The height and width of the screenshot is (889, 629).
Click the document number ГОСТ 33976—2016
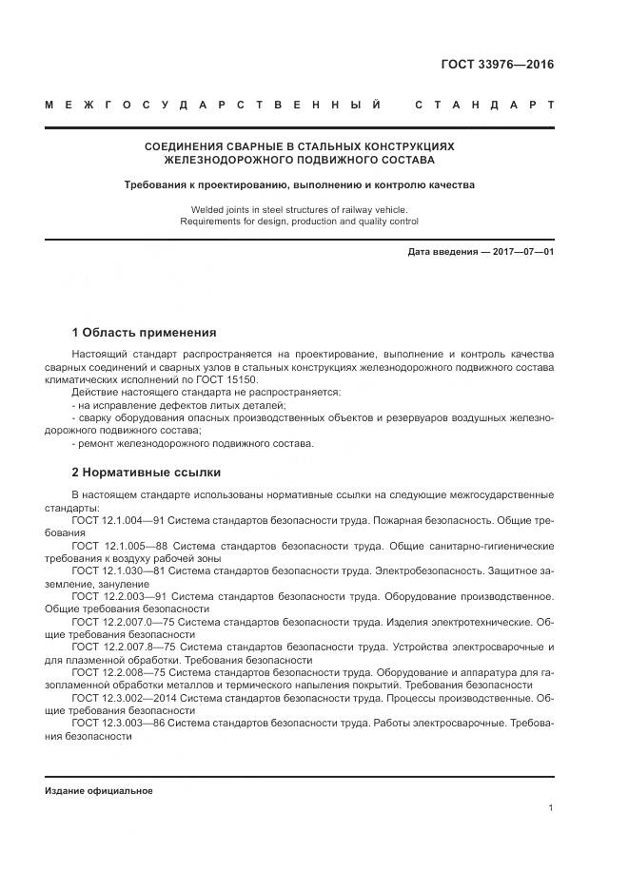pos(497,66)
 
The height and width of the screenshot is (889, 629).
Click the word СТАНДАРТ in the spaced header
pos(484,105)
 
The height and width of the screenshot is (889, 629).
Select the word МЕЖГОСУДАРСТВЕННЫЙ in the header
pos(214,105)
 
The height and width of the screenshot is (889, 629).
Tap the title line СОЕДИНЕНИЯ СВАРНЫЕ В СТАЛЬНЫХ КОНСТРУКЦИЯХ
pos(299,147)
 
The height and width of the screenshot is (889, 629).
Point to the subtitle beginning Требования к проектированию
pos(299,185)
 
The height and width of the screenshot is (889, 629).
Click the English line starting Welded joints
pos(299,208)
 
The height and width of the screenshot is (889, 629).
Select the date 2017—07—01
pos(521,252)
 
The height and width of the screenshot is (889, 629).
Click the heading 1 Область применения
pos(144,333)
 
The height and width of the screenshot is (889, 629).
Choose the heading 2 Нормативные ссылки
pos(147,472)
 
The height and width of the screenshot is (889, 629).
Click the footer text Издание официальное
pos(98,790)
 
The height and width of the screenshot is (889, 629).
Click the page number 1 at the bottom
pos(551,808)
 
